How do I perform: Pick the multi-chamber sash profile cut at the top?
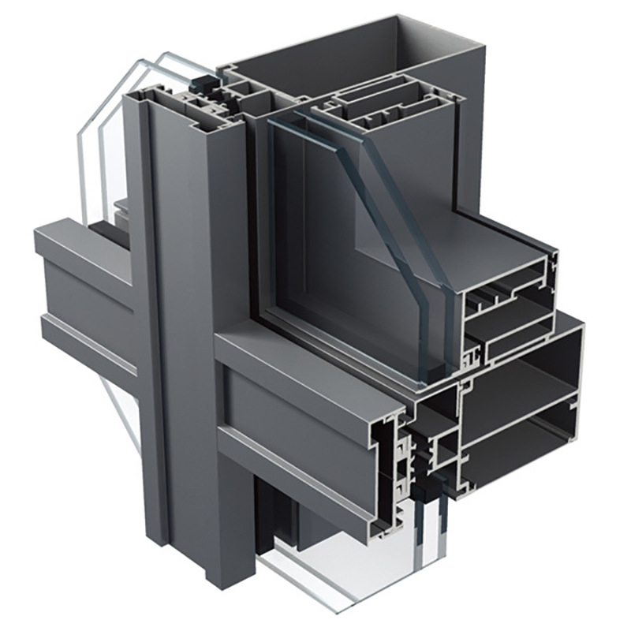[386, 110]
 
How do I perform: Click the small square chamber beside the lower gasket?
[446, 450]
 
